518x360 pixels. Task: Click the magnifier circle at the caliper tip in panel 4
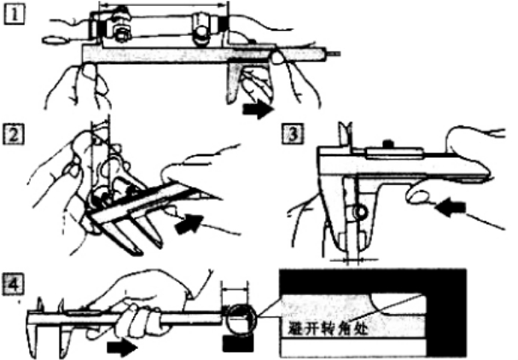pyautogui.click(x=236, y=318)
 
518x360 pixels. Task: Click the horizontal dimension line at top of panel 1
pyautogui.click(x=162, y=6)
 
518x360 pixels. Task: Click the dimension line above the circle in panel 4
pyautogui.click(x=236, y=288)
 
